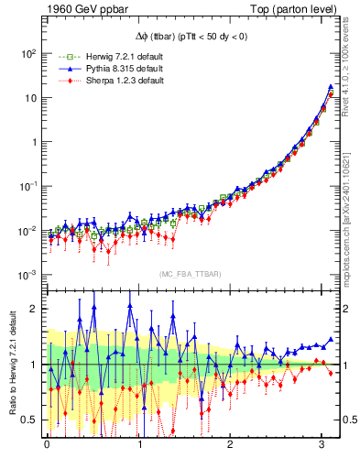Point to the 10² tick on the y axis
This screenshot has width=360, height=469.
click(28, 53)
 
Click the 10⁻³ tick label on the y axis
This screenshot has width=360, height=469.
click(28, 275)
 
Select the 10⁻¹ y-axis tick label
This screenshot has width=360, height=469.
click(28, 187)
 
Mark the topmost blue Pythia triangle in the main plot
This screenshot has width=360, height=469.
click(330, 88)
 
